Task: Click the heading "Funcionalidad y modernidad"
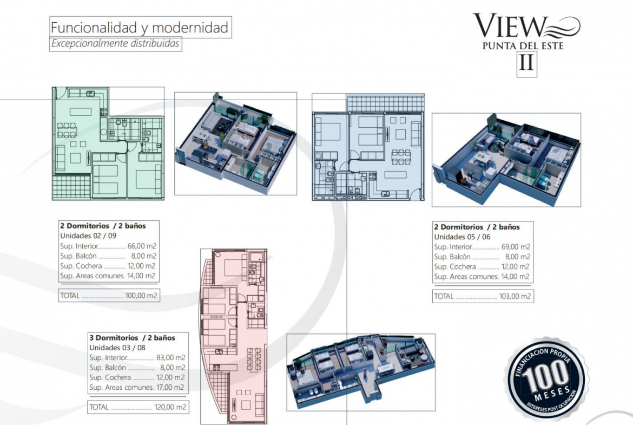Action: click(140, 28)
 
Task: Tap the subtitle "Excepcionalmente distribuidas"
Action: click(115, 43)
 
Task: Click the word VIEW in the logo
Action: click(510, 26)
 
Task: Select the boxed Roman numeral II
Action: click(527, 63)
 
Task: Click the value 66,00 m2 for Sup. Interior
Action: click(142, 246)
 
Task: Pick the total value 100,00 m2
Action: click(141, 295)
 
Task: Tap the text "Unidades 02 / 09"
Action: click(88, 236)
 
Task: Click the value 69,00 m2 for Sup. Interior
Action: click(516, 247)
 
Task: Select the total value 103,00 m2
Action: click(515, 296)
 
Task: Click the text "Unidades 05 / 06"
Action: click(462, 237)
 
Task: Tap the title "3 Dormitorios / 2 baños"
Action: click(133, 338)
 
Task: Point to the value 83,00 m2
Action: click(171, 357)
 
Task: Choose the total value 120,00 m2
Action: click(170, 407)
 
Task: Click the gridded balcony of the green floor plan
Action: click(72, 187)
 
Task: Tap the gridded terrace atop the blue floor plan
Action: click(385, 103)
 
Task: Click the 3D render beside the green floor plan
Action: click(236, 143)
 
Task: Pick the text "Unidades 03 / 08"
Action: click(117, 348)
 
